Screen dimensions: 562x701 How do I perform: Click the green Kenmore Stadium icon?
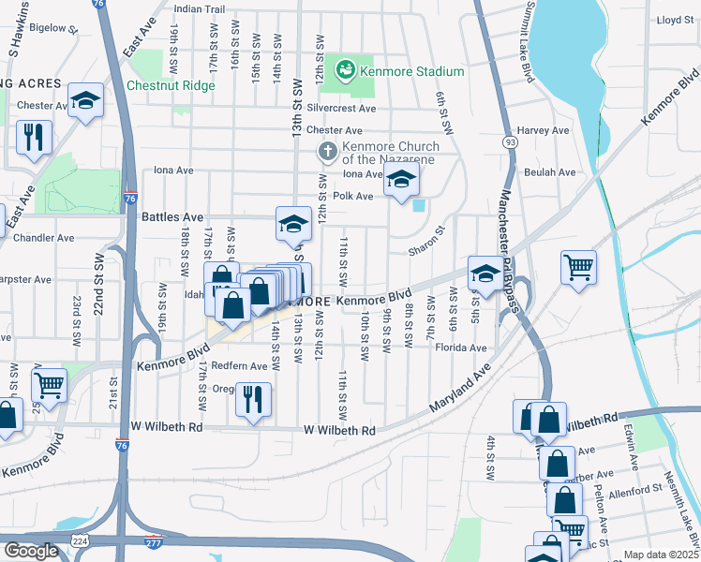click(345, 71)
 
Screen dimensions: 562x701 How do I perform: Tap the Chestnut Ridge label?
click(172, 86)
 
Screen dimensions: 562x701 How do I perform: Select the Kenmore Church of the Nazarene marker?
click(327, 151)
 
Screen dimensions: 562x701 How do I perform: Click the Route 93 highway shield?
click(510, 142)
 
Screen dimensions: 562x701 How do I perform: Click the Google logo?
click(30, 551)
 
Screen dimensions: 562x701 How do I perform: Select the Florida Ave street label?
click(460, 348)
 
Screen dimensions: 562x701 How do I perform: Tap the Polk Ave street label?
click(353, 197)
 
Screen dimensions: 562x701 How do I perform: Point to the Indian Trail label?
click(201, 9)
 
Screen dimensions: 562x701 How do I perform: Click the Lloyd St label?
click(674, 19)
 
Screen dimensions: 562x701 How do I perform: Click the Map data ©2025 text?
click(661, 555)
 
